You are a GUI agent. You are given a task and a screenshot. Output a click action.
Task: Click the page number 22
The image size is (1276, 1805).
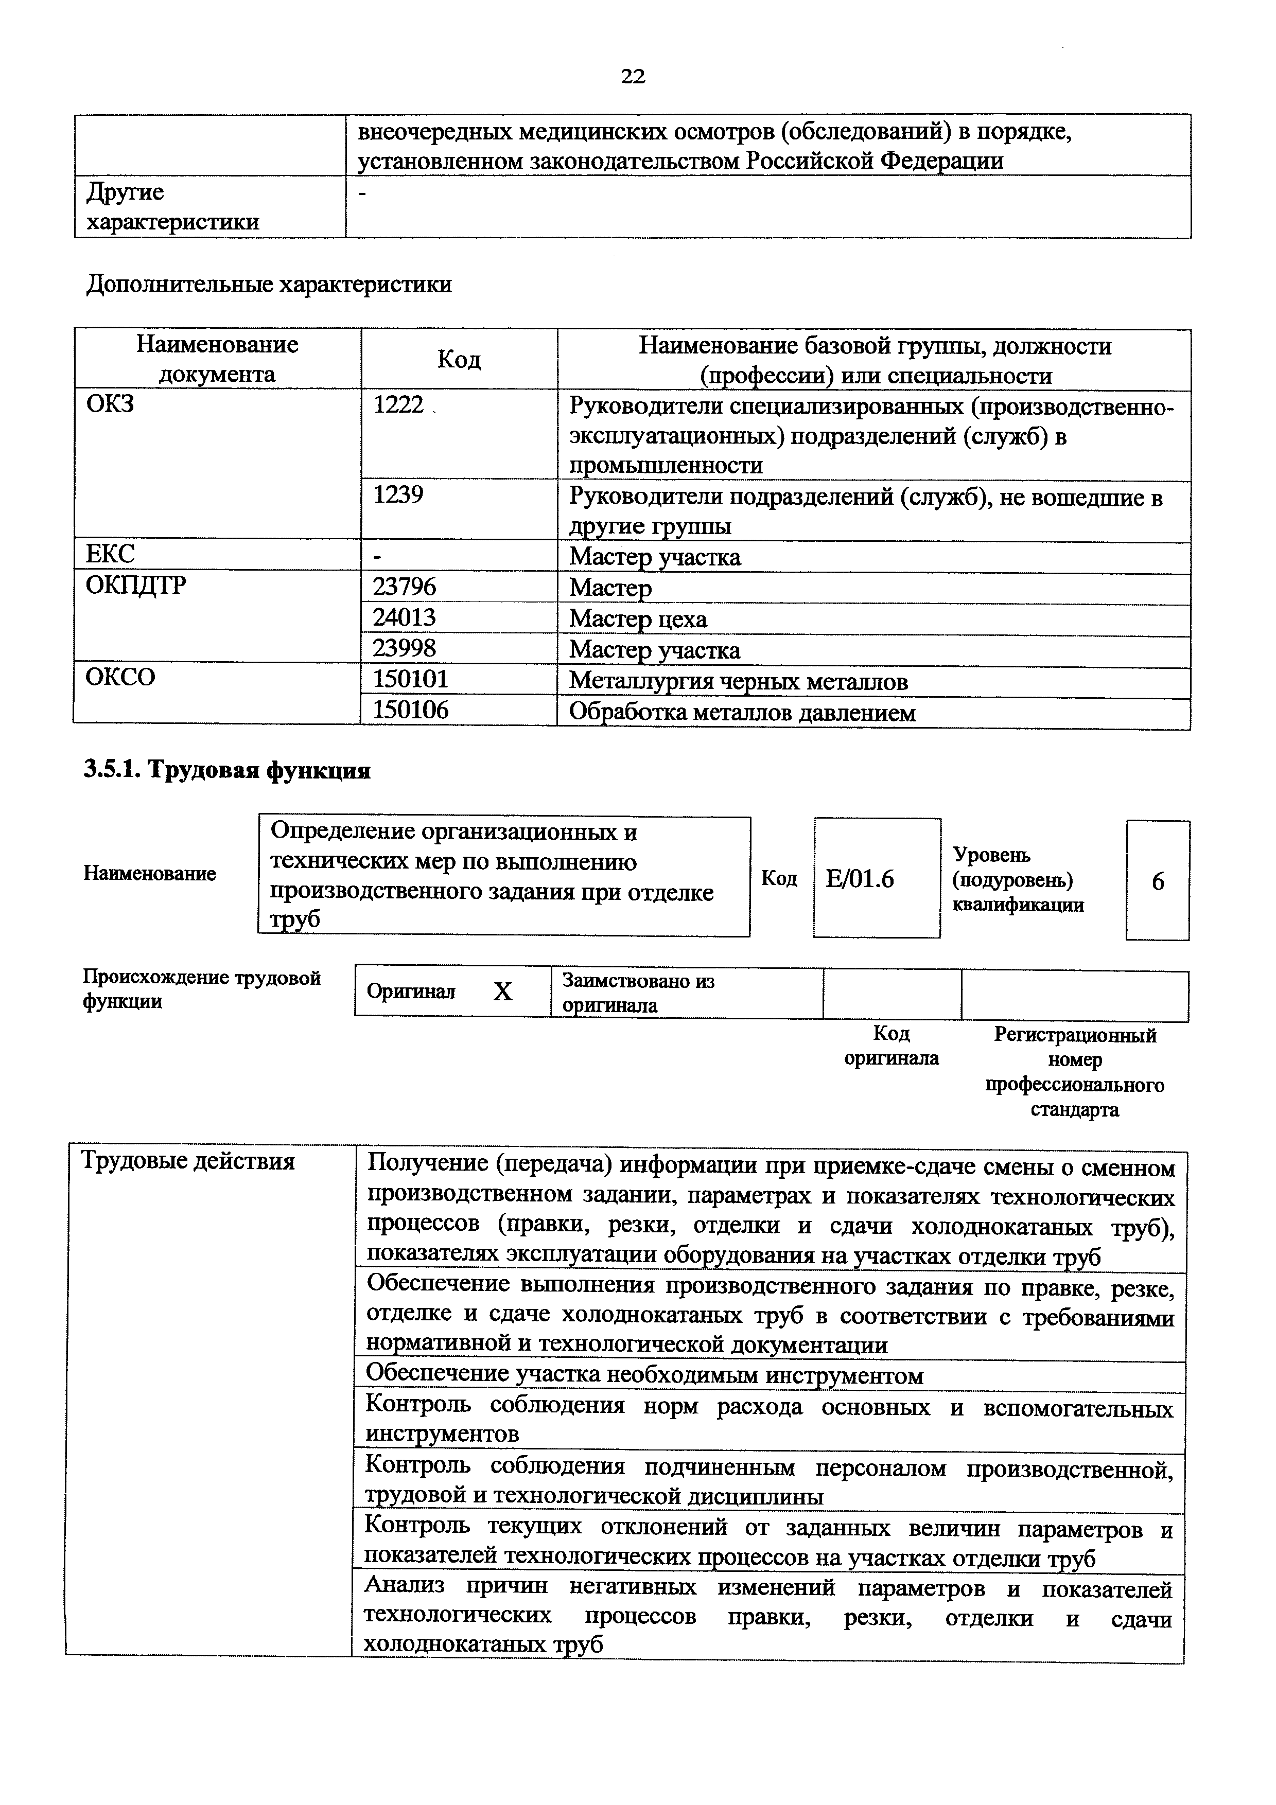(633, 76)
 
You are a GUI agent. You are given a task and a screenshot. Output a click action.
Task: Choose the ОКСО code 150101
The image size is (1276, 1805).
(410, 679)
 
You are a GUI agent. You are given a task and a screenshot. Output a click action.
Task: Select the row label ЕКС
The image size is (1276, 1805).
(110, 554)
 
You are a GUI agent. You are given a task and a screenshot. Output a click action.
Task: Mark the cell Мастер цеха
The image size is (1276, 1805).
(638, 618)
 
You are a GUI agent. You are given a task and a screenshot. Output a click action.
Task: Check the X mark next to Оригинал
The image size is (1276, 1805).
(503, 992)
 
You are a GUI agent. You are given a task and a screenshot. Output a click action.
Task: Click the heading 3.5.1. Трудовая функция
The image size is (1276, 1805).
(226, 770)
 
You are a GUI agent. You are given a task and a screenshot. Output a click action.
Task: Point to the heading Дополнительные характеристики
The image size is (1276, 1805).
(268, 284)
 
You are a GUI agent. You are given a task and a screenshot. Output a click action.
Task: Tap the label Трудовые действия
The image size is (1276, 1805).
(189, 1161)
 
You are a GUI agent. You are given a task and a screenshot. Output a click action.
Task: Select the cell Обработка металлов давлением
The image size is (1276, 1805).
(742, 713)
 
